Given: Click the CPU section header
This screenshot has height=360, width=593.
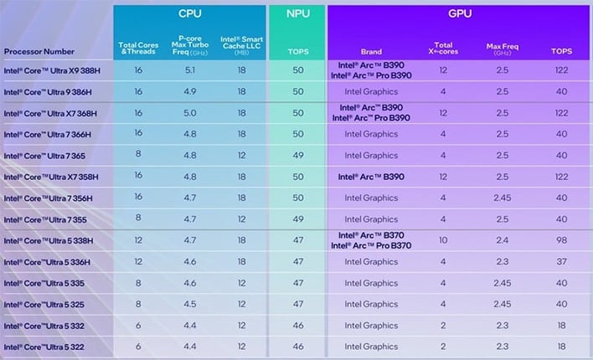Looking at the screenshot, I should tap(189, 14).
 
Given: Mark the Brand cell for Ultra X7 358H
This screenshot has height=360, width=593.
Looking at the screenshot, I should tap(370, 177).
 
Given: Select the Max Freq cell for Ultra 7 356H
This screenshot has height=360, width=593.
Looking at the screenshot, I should tap(501, 198).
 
